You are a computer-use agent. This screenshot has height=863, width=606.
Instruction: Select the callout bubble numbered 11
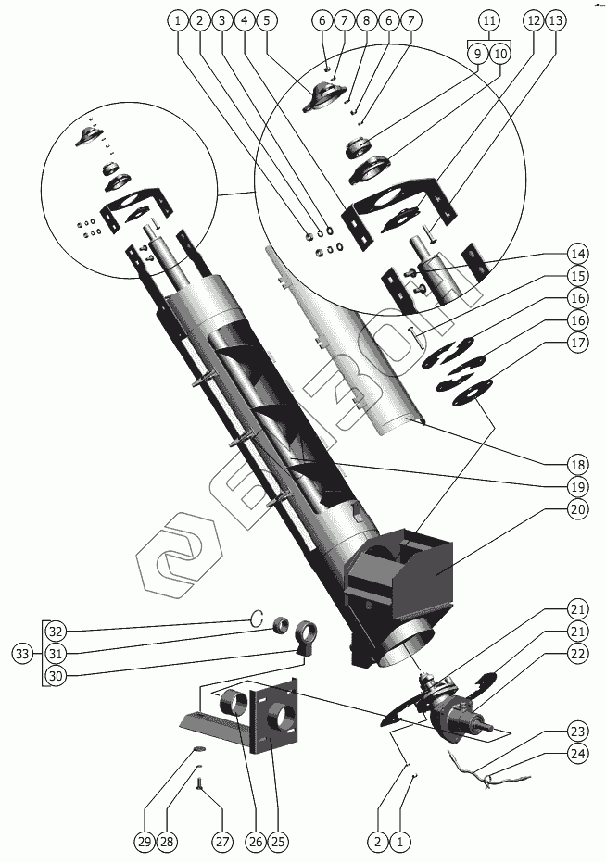(488, 19)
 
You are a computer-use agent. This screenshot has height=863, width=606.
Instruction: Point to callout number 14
(578, 253)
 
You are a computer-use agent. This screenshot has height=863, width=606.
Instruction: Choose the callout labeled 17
(578, 342)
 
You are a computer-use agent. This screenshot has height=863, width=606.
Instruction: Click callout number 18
(578, 463)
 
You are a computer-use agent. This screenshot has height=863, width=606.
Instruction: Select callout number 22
(578, 653)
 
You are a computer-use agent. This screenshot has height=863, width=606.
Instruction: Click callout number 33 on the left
(21, 653)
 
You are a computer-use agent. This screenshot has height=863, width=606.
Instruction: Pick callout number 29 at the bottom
(144, 842)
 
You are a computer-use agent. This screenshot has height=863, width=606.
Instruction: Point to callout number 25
(278, 842)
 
